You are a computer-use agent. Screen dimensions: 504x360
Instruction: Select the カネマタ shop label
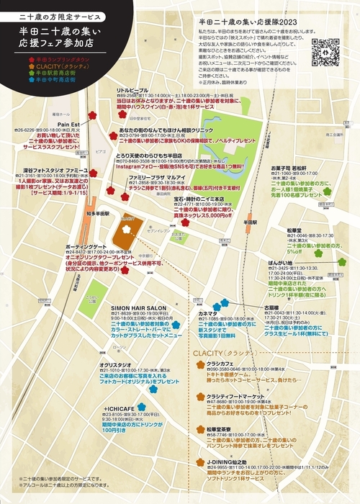click(208, 294)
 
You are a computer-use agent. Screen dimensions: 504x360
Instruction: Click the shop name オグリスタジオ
click(114, 365)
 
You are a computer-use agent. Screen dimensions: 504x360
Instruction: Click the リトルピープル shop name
click(132, 90)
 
